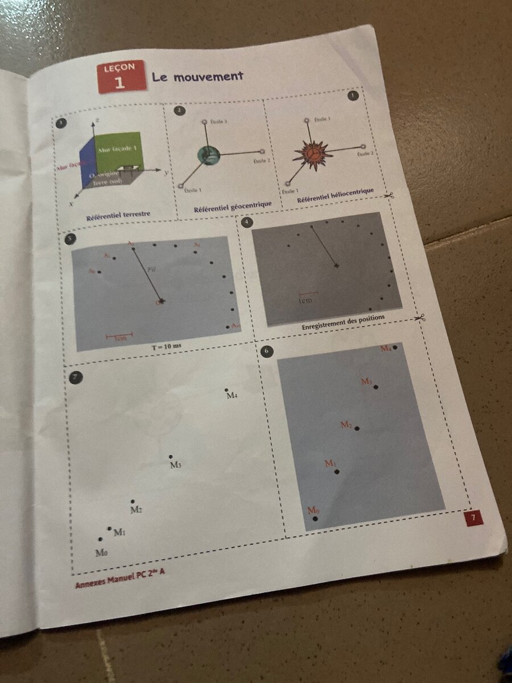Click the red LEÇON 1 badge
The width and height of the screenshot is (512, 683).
click(121, 77)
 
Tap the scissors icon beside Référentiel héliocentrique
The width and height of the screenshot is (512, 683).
click(388, 195)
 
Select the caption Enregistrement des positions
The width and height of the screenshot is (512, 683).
click(343, 319)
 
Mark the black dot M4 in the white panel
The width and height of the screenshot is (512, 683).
click(226, 390)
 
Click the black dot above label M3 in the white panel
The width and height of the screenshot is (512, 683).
click(171, 457)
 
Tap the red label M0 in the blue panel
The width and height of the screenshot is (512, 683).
click(313, 511)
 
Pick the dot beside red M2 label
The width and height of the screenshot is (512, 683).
click(357, 429)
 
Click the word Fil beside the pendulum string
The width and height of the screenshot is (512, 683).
click(151, 269)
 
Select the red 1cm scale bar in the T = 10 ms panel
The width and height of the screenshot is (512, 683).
click(119, 335)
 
